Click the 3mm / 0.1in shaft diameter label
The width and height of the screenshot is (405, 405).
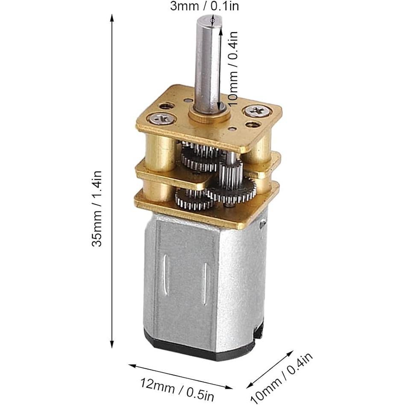pos(204,6)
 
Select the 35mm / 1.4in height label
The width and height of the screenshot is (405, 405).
pos(98,208)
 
